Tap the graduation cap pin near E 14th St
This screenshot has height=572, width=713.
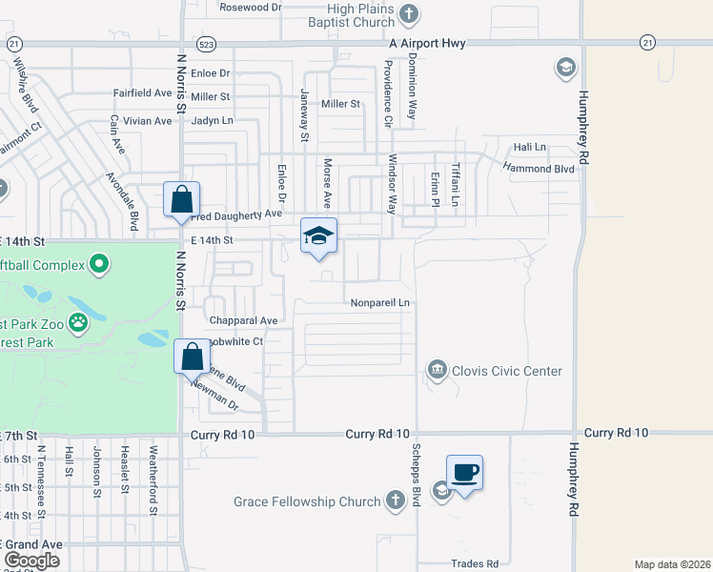(x=318, y=236)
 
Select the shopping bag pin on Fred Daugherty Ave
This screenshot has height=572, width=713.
(x=181, y=201)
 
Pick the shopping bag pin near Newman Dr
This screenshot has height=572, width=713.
(x=192, y=357)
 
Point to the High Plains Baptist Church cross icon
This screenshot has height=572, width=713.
(x=410, y=14)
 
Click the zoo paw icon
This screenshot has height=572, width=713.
(x=78, y=324)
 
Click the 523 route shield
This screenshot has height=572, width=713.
(x=205, y=45)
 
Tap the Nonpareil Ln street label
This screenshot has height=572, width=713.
(x=379, y=302)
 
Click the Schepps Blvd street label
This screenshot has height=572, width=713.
(x=416, y=476)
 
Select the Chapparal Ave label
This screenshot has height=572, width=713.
(x=245, y=320)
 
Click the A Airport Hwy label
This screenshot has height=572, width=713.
(x=433, y=44)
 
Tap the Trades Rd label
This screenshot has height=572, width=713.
(x=475, y=563)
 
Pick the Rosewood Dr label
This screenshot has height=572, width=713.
(x=251, y=7)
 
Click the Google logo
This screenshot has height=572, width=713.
(x=32, y=561)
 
